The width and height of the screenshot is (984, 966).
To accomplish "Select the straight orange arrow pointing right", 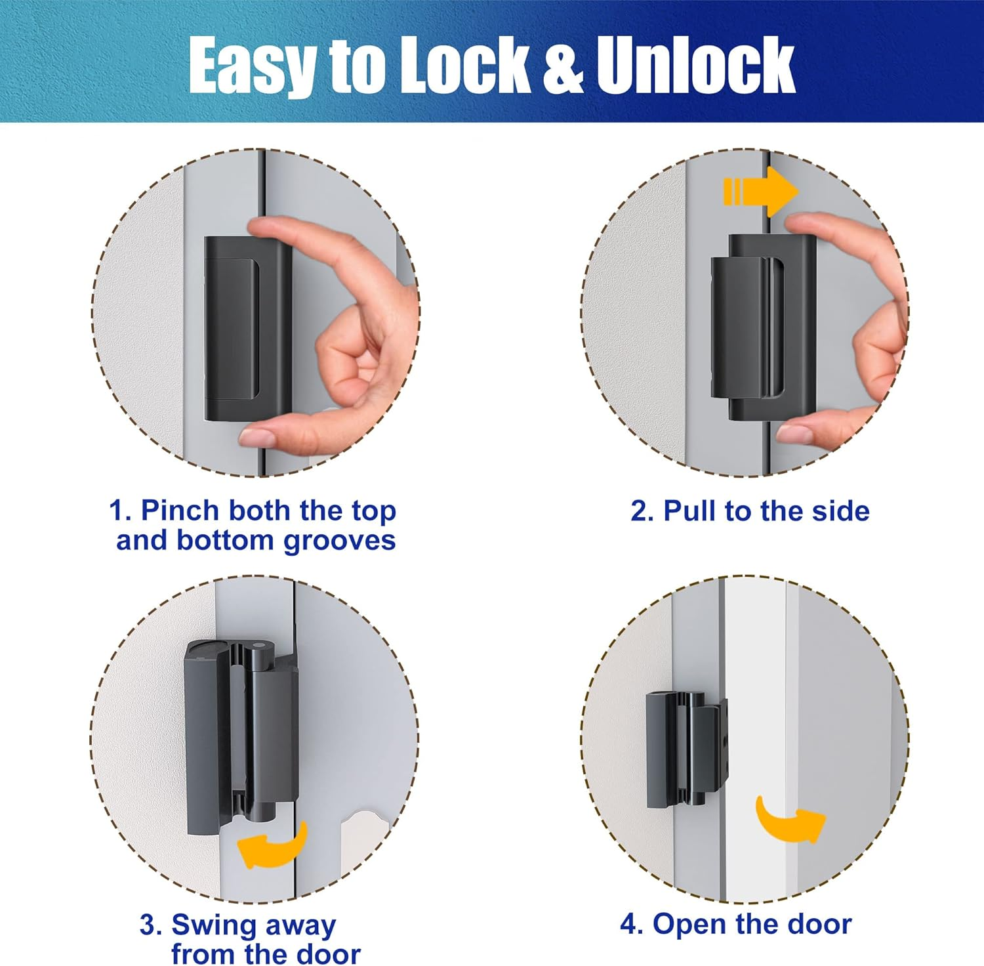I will click(761, 192).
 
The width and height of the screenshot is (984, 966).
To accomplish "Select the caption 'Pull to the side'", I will click(750, 511).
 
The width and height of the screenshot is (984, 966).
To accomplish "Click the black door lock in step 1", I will click(247, 328).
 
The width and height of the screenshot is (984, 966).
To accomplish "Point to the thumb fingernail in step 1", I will click(257, 436).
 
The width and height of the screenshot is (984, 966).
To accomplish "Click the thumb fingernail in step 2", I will click(794, 434).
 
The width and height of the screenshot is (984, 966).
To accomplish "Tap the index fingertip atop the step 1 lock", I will click(262, 227).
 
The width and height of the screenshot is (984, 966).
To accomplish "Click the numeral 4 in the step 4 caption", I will click(629, 925).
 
